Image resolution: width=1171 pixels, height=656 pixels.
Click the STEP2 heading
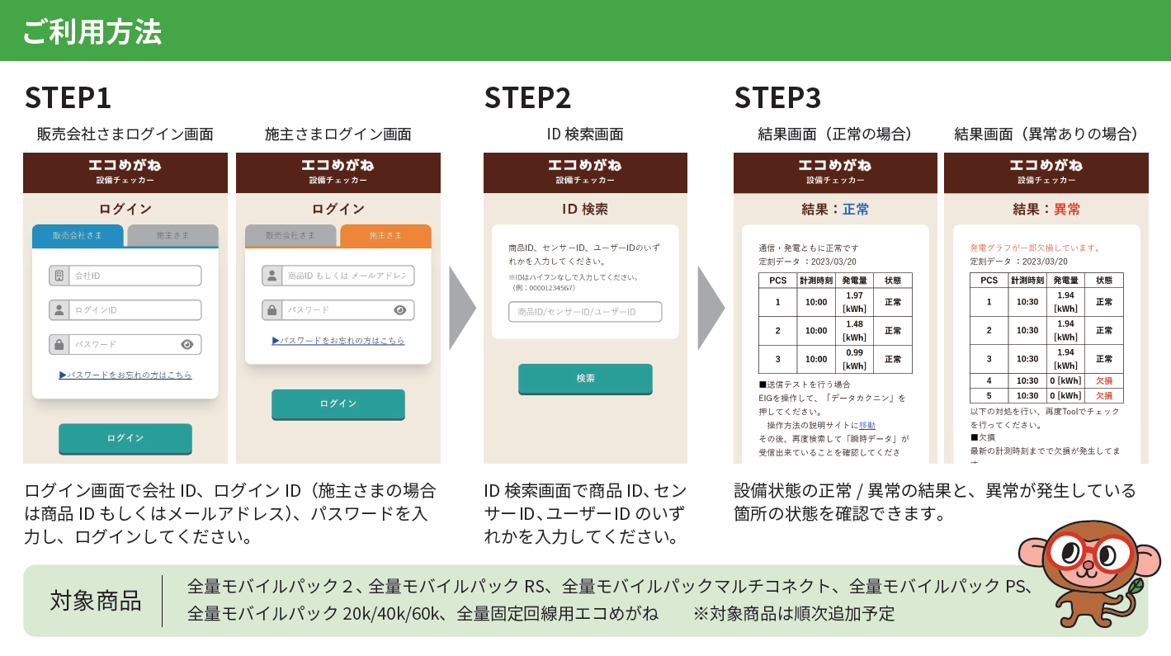527,97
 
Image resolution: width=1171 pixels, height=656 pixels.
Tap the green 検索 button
585,379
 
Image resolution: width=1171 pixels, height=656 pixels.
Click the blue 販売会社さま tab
78,236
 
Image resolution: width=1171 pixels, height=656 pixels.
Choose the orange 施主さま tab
385,236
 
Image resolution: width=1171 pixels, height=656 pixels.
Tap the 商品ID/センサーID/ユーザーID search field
585,312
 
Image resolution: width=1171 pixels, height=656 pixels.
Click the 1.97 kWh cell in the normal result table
854,302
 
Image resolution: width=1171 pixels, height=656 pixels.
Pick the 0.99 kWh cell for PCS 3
854,359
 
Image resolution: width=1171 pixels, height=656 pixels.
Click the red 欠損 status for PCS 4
1103,381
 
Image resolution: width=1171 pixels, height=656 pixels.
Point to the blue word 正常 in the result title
856,210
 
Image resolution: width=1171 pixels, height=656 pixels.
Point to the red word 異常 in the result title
1067,210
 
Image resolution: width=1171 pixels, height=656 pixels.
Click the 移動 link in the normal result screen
867,425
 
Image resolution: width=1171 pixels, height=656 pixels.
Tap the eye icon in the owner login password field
400,310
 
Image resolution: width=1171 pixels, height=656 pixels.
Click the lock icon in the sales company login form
58,345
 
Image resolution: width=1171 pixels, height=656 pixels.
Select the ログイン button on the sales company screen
125,438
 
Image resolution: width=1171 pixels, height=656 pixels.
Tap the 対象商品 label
95,600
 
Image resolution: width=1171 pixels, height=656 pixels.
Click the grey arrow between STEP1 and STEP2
462,307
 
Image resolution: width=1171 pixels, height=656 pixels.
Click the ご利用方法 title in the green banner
92,31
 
